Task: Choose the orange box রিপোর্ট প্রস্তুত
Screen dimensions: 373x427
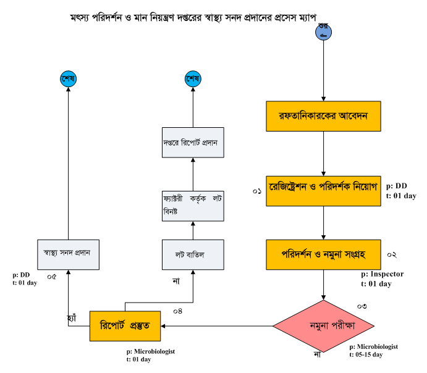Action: point(126,324)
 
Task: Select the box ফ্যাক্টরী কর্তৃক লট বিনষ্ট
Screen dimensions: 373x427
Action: point(191,206)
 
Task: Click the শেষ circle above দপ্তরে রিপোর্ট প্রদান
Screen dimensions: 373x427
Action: point(192,78)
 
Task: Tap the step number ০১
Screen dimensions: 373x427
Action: point(257,191)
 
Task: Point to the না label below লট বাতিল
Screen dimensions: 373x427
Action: point(175,281)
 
